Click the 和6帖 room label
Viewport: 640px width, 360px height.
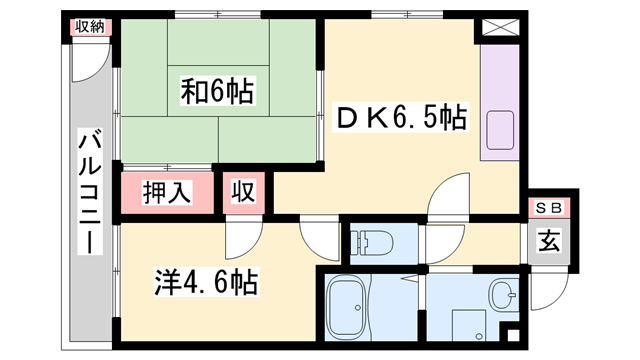pyautogui.click(x=217, y=93)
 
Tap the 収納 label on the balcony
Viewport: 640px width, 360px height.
pyautogui.click(x=87, y=27)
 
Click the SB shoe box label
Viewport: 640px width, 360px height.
pyautogui.click(x=549, y=208)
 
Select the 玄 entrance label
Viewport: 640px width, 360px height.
pyautogui.click(x=549, y=241)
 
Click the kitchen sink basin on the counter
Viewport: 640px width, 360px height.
pyautogui.click(x=499, y=131)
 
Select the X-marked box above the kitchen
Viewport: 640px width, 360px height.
pyautogui.click(x=496, y=28)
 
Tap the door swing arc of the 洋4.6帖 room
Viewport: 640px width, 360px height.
pyautogui.click(x=241, y=240)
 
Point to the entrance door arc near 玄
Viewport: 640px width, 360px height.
pyautogui.click(x=546, y=291)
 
